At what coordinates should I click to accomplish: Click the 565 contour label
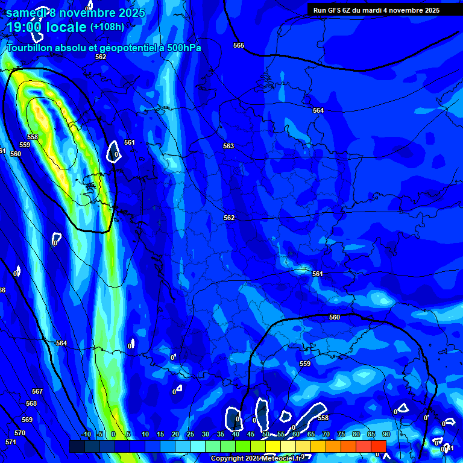tap(239, 45)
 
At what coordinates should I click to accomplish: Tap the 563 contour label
tap(228, 146)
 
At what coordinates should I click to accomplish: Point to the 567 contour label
tap(37, 391)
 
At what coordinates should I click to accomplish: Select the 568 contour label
tap(31, 403)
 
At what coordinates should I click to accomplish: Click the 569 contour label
tap(27, 420)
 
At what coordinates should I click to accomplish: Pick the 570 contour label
tap(20, 433)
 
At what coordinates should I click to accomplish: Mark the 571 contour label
tap(10, 442)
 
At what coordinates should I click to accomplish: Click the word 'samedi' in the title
tap(25, 13)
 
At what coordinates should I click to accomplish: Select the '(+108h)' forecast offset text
tap(107, 27)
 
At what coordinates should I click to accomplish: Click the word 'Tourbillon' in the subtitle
tap(30, 48)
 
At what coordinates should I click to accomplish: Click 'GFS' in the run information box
tap(335, 10)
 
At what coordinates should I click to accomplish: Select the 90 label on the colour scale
tap(386, 434)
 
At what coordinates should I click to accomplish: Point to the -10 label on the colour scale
tap(86, 434)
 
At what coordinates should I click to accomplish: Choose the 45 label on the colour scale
tap(250, 434)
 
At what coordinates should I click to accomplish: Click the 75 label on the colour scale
tap(341, 434)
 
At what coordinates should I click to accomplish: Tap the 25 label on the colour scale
tap(190, 434)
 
